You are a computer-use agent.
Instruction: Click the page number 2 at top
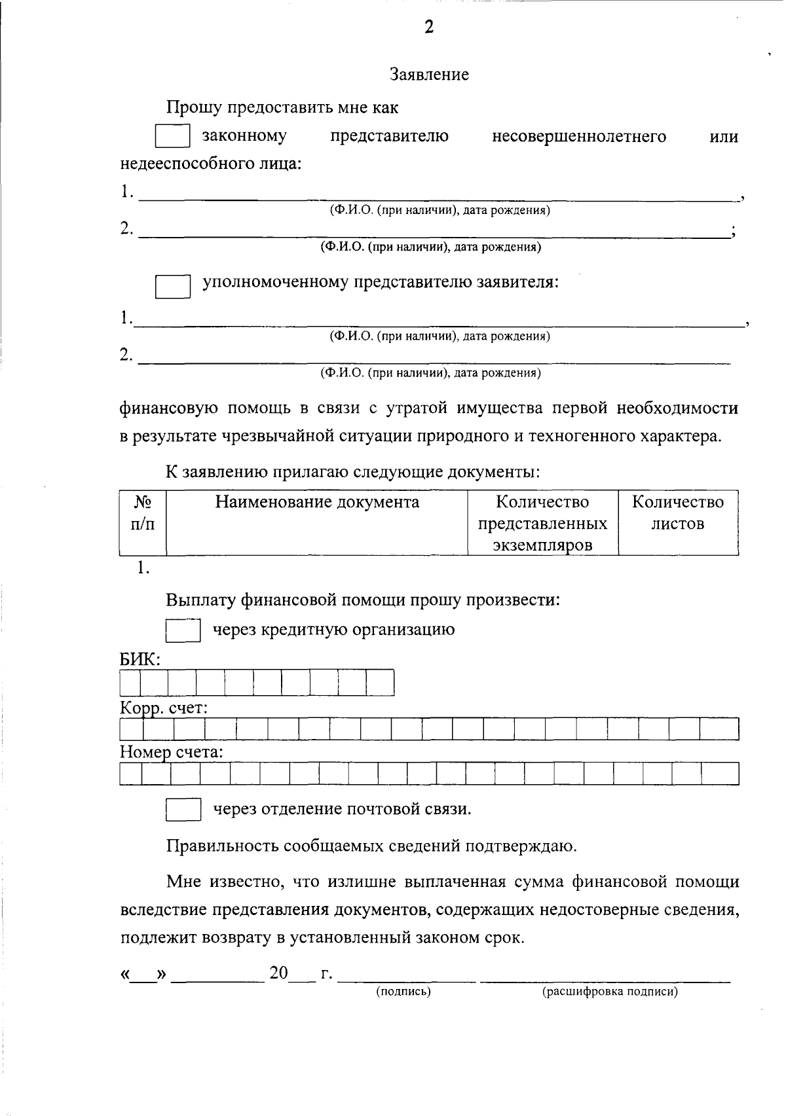pyautogui.click(x=429, y=27)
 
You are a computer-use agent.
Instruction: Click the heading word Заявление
pyautogui.click(x=429, y=75)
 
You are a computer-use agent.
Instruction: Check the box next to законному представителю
pyautogui.click(x=172, y=137)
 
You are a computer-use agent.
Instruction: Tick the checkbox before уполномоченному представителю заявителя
pyautogui.click(x=172, y=287)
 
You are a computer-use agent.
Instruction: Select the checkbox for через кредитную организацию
pyautogui.click(x=183, y=630)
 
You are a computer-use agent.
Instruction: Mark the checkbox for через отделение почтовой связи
pyautogui.click(x=183, y=809)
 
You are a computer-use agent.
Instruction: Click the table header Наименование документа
pyautogui.click(x=317, y=502)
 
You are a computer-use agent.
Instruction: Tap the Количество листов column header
pyautogui.click(x=678, y=513)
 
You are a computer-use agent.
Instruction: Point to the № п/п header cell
pyautogui.click(x=143, y=513)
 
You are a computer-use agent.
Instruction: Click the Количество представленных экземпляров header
pyautogui.click(x=542, y=523)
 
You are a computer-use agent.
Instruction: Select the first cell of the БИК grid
pyautogui.click(x=130, y=683)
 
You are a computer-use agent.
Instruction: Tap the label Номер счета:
pyautogui.click(x=171, y=752)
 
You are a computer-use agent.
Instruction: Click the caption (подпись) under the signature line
pyautogui.click(x=403, y=992)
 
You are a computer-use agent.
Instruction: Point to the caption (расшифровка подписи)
pyautogui.click(x=609, y=992)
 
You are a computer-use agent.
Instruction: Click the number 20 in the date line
pyautogui.click(x=278, y=973)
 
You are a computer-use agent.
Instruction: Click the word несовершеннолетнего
pyautogui.click(x=579, y=136)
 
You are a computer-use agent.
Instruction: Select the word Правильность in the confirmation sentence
pyautogui.click(x=223, y=846)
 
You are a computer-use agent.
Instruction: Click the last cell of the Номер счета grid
pyautogui.click(x=720, y=774)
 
